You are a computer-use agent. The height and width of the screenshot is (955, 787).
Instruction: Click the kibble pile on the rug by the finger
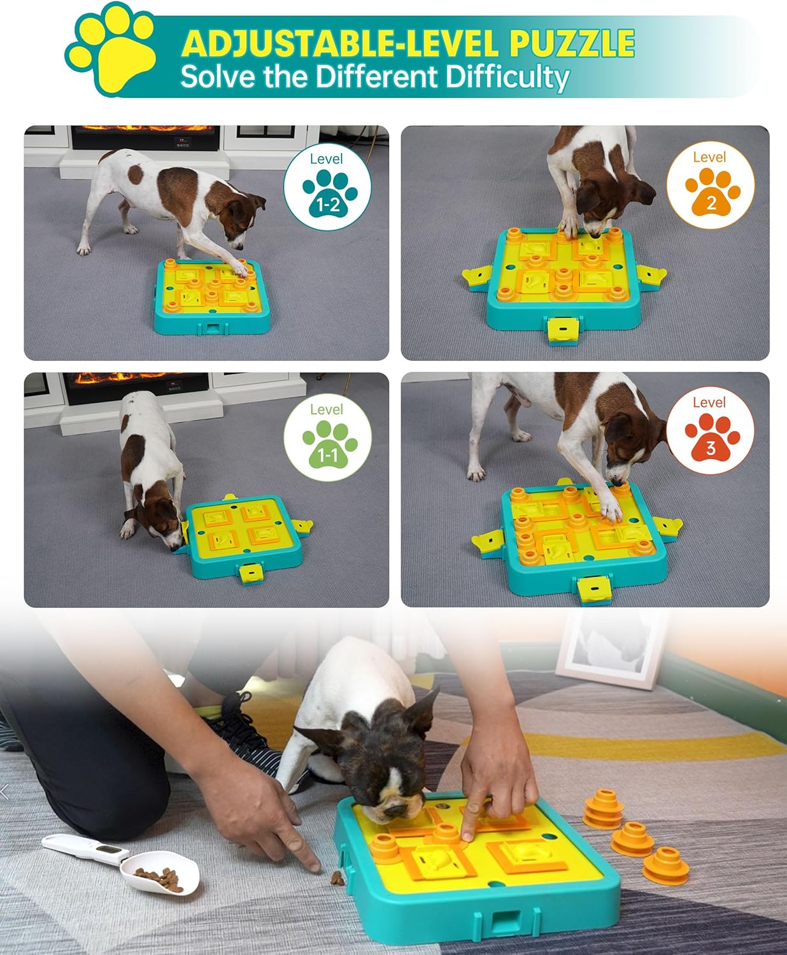click(x=336, y=879)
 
